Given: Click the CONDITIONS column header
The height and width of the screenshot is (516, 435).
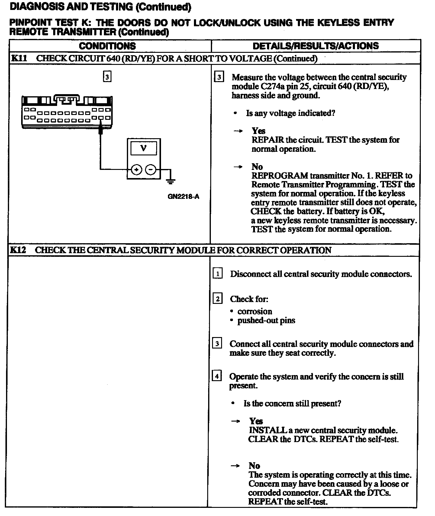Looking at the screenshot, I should point(107,46).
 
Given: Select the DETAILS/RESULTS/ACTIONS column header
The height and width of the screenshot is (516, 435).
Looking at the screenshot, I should point(315,46).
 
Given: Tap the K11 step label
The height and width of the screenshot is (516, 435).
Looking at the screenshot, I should point(19,58).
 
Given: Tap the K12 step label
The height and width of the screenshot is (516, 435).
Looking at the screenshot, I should point(18,250).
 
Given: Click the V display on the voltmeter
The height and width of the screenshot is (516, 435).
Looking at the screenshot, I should point(143,148).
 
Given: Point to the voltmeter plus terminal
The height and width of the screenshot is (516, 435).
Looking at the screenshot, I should point(137,170).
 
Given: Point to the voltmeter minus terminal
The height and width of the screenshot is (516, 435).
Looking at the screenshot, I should point(151,170).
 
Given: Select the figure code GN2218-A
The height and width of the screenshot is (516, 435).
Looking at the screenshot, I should point(183,197).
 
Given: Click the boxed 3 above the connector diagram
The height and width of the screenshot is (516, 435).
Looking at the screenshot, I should point(107,77).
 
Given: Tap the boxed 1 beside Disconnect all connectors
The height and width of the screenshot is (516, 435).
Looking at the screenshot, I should point(217,274).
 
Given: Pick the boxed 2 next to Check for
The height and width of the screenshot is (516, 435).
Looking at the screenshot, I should point(217,299).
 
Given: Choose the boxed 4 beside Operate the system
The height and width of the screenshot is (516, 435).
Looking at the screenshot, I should point(217,376).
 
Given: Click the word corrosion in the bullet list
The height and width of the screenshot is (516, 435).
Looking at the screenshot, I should point(255,311).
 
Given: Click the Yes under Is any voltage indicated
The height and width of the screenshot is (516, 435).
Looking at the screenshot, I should point(259,131).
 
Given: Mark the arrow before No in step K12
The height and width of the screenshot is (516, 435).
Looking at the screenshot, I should point(235,466).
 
